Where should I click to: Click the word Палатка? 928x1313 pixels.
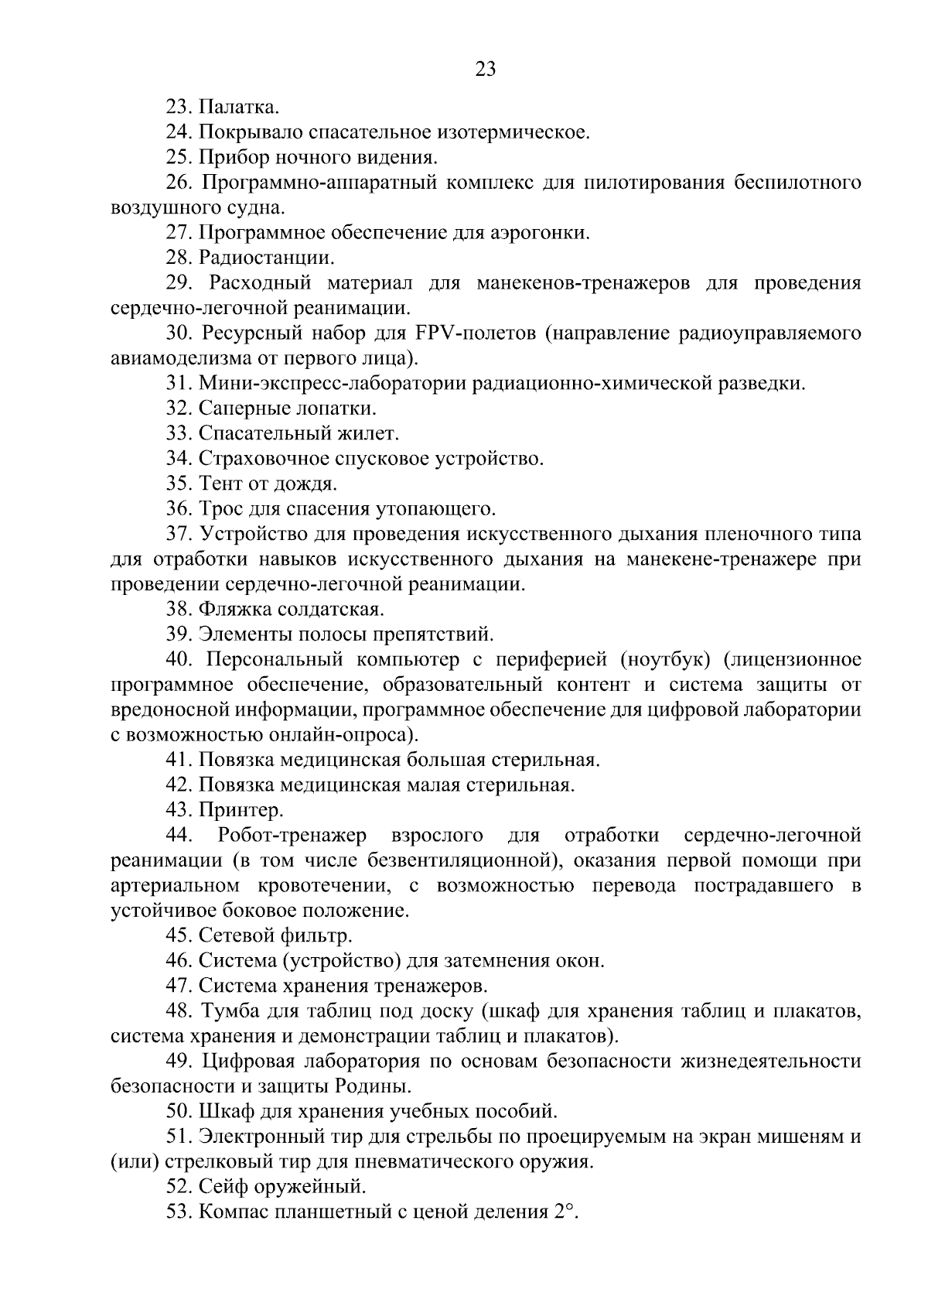click(239, 107)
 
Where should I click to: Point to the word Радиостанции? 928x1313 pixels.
click(267, 258)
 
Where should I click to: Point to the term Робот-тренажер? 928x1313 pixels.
click(293, 836)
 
